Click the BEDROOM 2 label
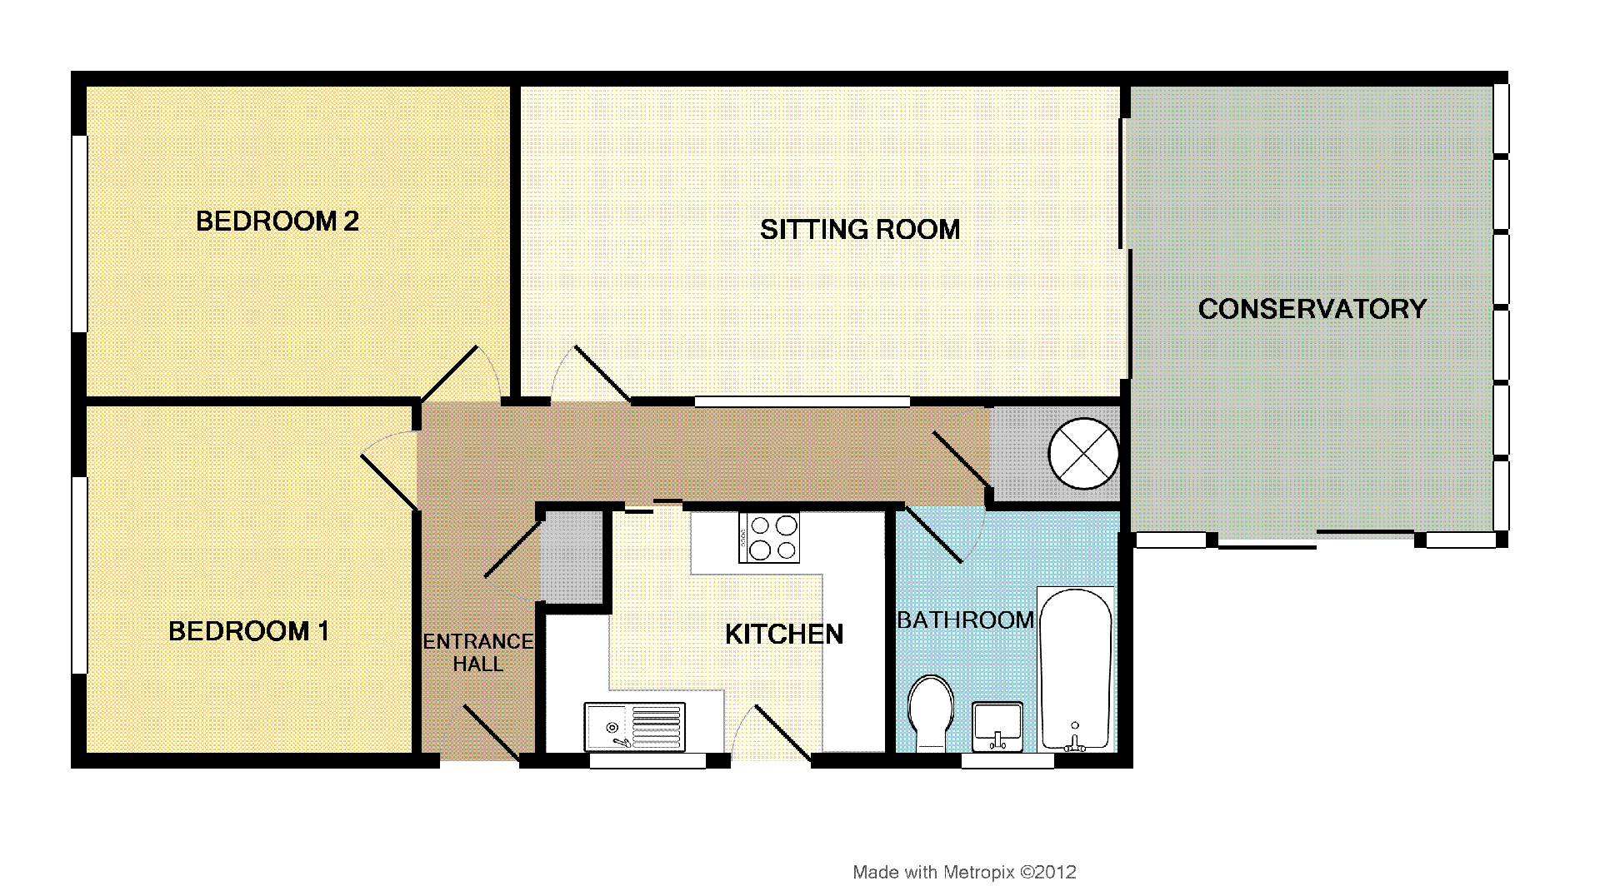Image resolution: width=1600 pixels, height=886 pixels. click(x=277, y=221)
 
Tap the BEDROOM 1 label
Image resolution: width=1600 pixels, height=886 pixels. click(x=248, y=631)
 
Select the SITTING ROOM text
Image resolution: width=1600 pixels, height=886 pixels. click(x=860, y=229)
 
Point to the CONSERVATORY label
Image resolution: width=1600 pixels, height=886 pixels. click(x=1312, y=309)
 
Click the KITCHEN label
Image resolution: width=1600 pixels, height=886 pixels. click(x=784, y=635)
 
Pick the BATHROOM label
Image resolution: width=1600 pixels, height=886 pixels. click(x=966, y=620)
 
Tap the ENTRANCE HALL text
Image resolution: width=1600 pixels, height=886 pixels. click(x=478, y=653)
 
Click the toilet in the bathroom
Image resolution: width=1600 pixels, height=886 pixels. click(x=931, y=714)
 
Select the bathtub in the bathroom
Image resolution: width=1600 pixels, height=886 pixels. click(x=1075, y=669)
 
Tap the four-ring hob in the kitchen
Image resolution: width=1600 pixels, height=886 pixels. click(x=768, y=538)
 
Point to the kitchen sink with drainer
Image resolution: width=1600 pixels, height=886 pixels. click(x=635, y=727)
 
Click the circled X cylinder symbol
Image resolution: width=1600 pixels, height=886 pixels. click(x=1082, y=453)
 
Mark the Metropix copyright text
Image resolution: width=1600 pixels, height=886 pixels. click(x=964, y=873)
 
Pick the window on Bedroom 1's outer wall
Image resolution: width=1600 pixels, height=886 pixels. click(x=79, y=575)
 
